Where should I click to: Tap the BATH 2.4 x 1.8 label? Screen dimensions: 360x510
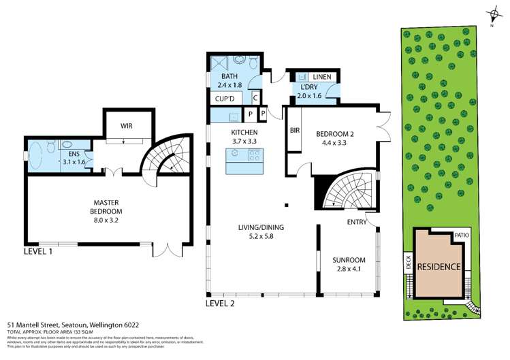(x=229, y=81)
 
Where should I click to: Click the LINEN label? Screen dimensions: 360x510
(x=323, y=78)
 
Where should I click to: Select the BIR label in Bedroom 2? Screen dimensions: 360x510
(x=295, y=129)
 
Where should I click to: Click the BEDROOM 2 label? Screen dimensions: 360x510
(x=336, y=140)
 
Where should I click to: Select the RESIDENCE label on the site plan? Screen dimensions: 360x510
(x=439, y=266)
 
